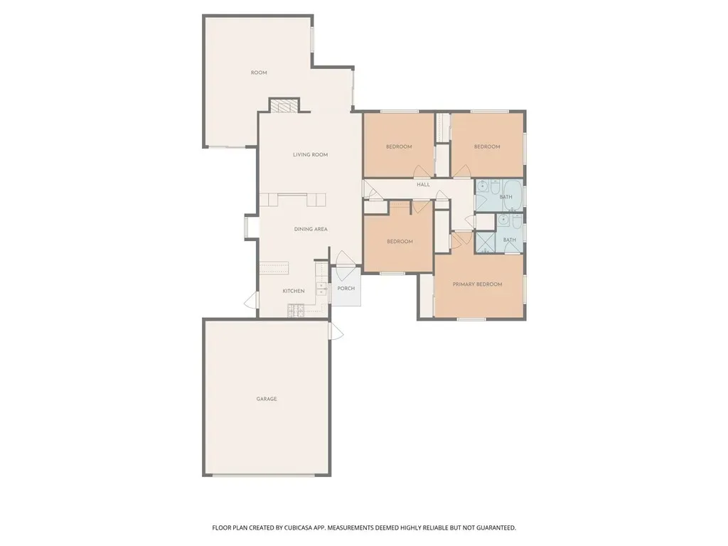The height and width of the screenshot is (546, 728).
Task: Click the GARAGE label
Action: click(267, 399)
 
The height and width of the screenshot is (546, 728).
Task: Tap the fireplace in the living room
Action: click(284, 105)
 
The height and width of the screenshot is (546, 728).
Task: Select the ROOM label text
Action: click(259, 73)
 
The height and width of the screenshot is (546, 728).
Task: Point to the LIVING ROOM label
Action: click(310, 154)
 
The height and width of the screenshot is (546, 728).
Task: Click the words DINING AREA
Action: click(311, 229)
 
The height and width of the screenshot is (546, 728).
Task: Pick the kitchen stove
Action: click(295, 311)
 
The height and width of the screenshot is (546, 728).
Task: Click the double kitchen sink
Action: click(321, 289)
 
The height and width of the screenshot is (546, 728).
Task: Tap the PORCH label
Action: click(346, 289)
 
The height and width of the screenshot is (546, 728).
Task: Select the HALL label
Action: click(423, 184)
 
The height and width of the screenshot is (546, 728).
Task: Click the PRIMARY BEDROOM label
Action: click(477, 284)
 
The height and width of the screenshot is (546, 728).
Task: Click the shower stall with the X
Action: click(485, 242)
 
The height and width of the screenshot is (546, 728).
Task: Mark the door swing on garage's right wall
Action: click(336, 330)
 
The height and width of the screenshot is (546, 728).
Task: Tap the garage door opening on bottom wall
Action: click(264, 475)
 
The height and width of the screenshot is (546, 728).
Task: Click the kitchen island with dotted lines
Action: click(274, 268)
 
